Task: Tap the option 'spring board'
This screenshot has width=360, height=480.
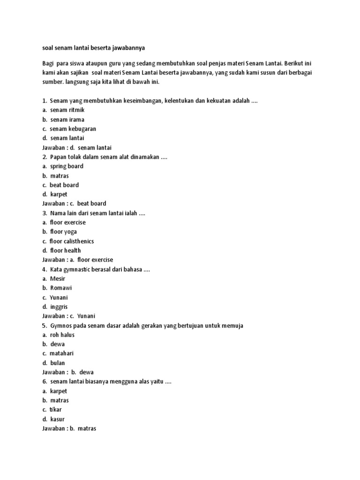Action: (x=67, y=166)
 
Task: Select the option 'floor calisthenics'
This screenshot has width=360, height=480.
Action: (x=71, y=241)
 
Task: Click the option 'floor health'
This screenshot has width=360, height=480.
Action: (x=65, y=250)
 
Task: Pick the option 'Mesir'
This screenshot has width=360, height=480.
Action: (x=58, y=278)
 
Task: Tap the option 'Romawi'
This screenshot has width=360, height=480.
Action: (x=61, y=288)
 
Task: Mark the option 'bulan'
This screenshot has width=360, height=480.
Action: (x=58, y=363)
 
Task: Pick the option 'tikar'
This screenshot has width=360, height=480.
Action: (x=55, y=410)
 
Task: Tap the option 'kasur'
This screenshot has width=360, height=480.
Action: (x=57, y=419)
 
